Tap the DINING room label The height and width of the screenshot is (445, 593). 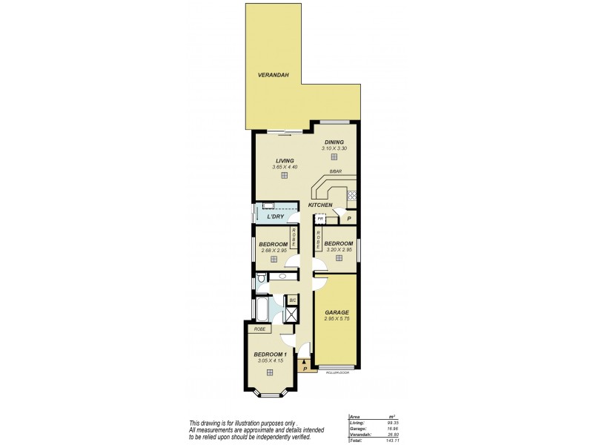pyautogui.click(x=334, y=142)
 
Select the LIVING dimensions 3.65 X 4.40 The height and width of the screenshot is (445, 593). pyautogui.click(x=285, y=167)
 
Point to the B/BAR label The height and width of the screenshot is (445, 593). pyautogui.click(x=336, y=172)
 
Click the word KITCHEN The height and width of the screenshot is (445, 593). pyautogui.click(x=321, y=204)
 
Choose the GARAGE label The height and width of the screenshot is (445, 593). pyautogui.click(x=337, y=312)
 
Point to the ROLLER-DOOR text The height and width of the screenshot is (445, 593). pyautogui.click(x=337, y=372)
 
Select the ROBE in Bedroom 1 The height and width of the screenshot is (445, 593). pyautogui.click(x=259, y=329)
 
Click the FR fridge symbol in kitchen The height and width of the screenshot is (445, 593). pyautogui.click(x=320, y=220)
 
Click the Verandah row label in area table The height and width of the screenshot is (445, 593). pyautogui.click(x=359, y=435)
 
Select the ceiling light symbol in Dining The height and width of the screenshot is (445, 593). pyautogui.click(x=334, y=156)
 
